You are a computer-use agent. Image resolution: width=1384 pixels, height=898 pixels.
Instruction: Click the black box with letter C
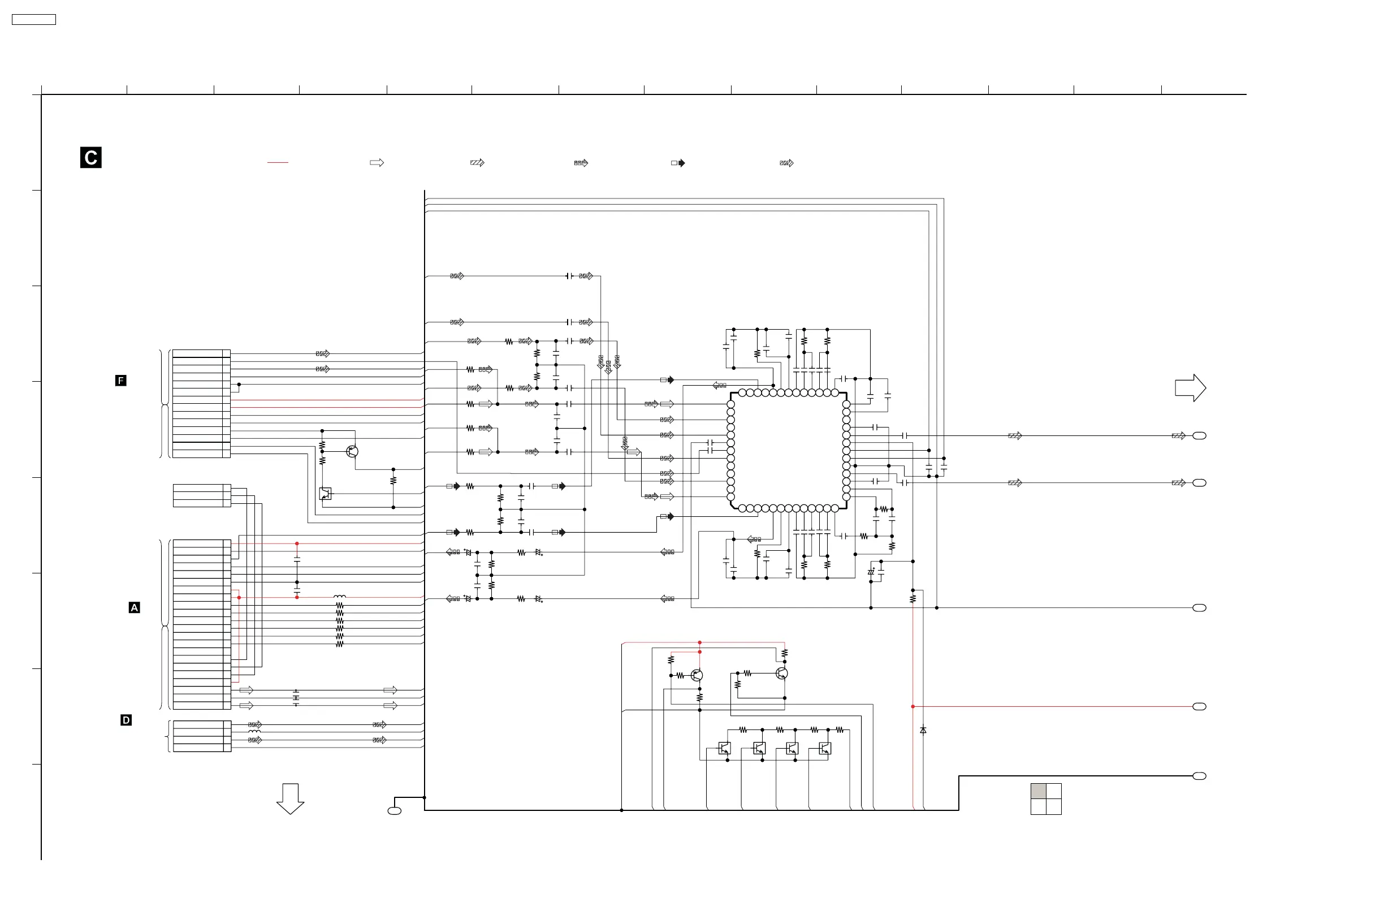pyautogui.click(x=90, y=158)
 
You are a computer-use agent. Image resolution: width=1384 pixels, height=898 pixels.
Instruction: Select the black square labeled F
pyautogui.click(x=121, y=381)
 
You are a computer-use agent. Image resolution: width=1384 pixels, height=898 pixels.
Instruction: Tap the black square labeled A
pyautogui.click(x=135, y=608)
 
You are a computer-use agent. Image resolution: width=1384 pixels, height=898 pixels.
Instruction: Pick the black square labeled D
pyautogui.click(x=126, y=720)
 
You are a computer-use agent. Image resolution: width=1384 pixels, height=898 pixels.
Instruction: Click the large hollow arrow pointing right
pyautogui.click(x=1190, y=388)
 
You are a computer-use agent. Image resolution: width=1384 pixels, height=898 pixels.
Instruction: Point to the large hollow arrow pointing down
pyautogui.click(x=290, y=798)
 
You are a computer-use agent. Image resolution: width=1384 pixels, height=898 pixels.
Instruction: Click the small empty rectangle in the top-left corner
pyautogui.click(x=34, y=20)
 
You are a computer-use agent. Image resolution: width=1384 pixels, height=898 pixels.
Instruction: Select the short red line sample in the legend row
pyautogui.click(x=278, y=163)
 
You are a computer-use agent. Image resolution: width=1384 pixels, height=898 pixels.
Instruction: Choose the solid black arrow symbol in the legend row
pyautogui.click(x=678, y=163)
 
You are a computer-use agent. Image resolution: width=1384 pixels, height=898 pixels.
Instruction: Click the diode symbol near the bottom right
pyautogui.click(x=923, y=730)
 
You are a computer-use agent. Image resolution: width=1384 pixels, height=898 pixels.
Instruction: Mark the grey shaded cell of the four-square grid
pyautogui.click(x=1038, y=791)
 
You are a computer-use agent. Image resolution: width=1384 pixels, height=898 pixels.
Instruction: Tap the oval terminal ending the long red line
pyautogui.click(x=1199, y=707)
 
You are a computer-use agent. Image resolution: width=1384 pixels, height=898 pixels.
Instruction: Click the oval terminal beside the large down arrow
pyautogui.click(x=394, y=811)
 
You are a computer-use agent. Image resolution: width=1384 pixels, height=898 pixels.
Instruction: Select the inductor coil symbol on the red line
pyautogui.click(x=340, y=597)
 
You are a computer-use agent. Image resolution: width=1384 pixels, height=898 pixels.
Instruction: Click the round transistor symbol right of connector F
pyautogui.click(x=352, y=451)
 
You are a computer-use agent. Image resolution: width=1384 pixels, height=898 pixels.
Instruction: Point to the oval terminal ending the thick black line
pyautogui.click(x=1199, y=776)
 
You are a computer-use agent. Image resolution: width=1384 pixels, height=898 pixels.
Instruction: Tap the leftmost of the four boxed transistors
pyautogui.click(x=725, y=748)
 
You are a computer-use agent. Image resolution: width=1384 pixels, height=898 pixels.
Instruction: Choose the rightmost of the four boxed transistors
pyautogui.click(x=825, y=748)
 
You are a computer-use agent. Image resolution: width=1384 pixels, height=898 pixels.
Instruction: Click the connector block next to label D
pyautogui.click(x=202, y=736)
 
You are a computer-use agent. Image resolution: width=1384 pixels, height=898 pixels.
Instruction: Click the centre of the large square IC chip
pyautogui.click(x=789, y=451)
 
